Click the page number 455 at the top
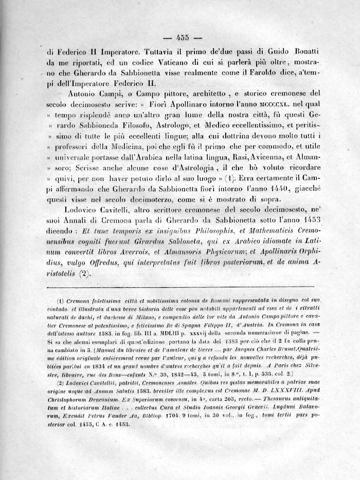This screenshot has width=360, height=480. pos(183,36)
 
